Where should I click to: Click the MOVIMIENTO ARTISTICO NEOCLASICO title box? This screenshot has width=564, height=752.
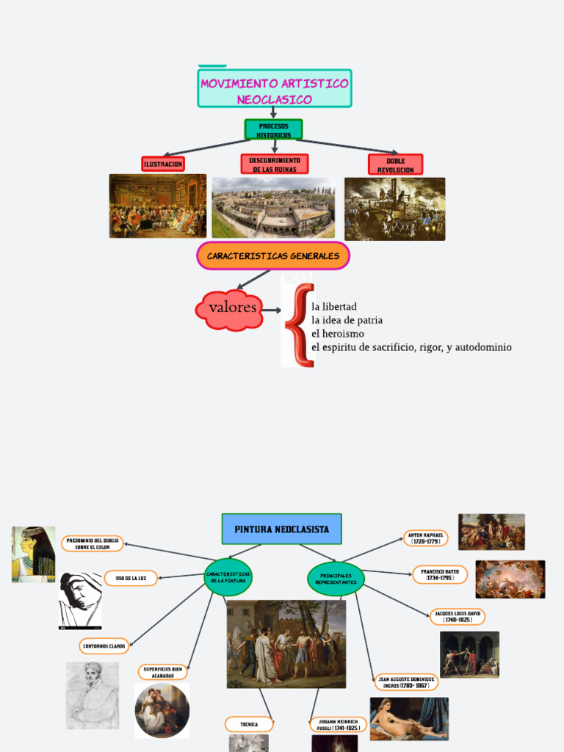275,89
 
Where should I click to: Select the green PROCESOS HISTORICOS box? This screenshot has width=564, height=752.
273,130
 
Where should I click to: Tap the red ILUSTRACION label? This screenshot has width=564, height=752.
163,164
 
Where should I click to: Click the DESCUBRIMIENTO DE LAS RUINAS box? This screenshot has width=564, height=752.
274,164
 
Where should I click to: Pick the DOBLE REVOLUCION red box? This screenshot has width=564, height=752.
395,164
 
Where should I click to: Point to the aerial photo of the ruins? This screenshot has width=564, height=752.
272,207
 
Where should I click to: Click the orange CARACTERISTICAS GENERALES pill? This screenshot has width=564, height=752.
273,256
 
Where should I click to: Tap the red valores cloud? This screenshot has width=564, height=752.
231,309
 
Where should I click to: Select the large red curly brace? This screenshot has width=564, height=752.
297,325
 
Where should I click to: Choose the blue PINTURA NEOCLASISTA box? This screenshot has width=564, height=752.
281,529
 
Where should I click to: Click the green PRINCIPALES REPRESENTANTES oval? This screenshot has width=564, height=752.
336,579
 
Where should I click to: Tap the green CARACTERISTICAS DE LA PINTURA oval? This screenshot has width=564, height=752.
228,577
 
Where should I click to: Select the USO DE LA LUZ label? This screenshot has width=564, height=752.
131,578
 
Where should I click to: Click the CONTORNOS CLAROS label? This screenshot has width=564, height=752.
104,646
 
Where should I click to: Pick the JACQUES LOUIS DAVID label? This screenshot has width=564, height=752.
457,616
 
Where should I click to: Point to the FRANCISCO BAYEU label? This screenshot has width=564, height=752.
440,574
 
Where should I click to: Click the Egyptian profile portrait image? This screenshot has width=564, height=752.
33,554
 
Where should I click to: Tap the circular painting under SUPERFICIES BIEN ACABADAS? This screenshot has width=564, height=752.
162,710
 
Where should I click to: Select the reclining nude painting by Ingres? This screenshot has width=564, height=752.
408,718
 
